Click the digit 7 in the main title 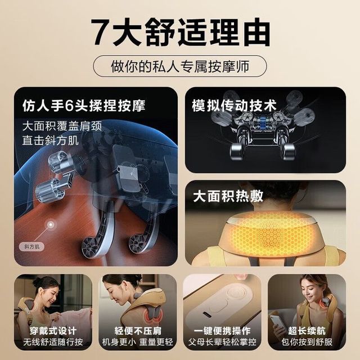pyautogui.click(x=101, y=33)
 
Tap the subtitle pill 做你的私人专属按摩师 pyautogui.click(x=180, y=66)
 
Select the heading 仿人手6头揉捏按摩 pyautogui.click(x=84, y=106)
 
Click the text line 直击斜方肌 pyautogui.click(x=51, y=140)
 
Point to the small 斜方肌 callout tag pyautogui.click(x=31, y=247)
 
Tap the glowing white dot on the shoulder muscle pyautogui.click(x=51, y=224)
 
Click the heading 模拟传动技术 pyautogui.click(x=234, y=106)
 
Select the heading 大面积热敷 pyautogui.click(x=228, y=196)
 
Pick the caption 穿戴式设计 pyautogui.click(x=53, y=331)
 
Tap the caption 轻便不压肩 pyautogui.click(x=138, y=331)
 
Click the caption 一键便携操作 pyautogui.click(x=222, y=331)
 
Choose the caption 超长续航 pyautogui.click(x=307, y=331)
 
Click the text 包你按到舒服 pyautogui.click(x=307, y=342)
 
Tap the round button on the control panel pyautogui.click(x=236, y=293)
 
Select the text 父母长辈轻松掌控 pyautogui.click(x=222, y=342)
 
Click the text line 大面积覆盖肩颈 pyautogui.click(x=62, y=126)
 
